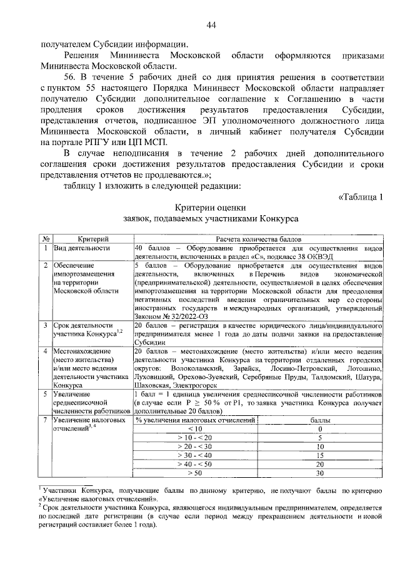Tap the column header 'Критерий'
click(92, 240)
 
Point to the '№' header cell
click(46, 240)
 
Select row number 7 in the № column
click(46, 419)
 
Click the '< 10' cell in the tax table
click(195, 429)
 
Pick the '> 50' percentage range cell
click(195, 473)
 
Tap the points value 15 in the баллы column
click(319, 456)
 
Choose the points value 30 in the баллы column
click(319, 473)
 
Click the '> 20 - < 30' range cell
click(195, 447)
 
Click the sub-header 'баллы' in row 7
click(319, 420)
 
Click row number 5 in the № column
click(46, 394)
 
